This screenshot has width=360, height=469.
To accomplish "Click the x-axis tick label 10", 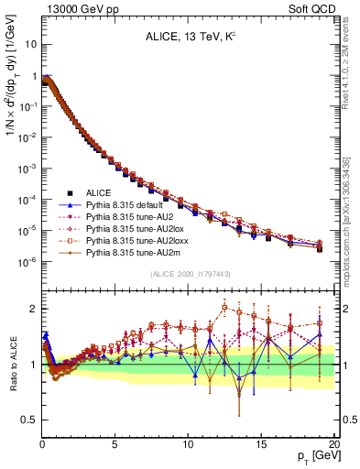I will click(188, 442).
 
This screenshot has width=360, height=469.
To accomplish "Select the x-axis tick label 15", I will click(261, 442).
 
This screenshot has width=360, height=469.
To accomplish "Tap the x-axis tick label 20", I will click(333, 442).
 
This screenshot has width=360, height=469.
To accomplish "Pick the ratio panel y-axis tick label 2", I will click(32, 309).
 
